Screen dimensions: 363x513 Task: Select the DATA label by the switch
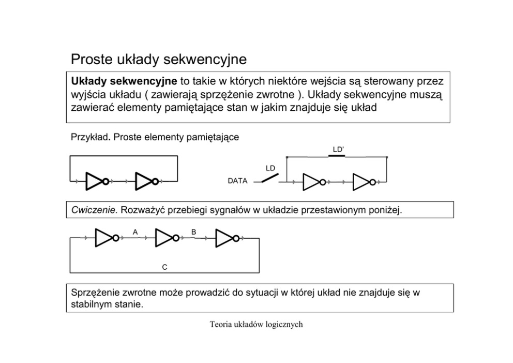[x=237, y=182]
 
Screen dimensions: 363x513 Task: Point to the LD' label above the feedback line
[x=338, y=150]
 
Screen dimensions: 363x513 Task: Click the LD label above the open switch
[x=270, y=168]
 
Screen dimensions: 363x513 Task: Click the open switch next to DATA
[x=269, y=179]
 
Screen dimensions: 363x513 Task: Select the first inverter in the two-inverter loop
[x=96, y=182]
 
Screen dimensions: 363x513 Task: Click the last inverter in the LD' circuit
[x=363, y=182]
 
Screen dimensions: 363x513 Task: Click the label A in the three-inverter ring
[x=135, y=232]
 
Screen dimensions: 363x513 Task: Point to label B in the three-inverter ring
[x=193, y=232]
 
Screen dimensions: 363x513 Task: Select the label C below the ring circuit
[x=164, y=267]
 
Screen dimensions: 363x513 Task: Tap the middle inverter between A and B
[x=166, y=238]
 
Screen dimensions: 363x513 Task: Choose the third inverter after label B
[x=227, y=238]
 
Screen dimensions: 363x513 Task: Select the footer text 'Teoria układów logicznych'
[x=256, y=325]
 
